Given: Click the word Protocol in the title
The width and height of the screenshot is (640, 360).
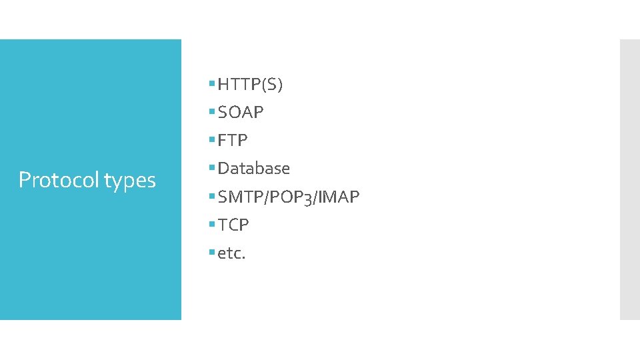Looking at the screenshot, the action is [58, 180].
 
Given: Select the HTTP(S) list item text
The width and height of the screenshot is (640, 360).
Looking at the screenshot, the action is [250, 85].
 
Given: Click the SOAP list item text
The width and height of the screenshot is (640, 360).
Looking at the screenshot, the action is [241, 113].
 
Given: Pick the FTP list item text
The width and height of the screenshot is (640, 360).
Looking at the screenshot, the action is [233, 141].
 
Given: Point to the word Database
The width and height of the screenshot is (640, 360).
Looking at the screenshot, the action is [254, 169].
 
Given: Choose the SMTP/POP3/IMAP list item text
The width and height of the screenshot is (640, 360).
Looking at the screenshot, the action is [289, 197].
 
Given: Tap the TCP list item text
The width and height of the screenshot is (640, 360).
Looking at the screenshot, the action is [233, 225].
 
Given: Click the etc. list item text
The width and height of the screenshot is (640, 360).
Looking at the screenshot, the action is [232, 253].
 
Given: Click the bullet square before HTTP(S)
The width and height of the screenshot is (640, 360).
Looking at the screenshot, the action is [211, 84].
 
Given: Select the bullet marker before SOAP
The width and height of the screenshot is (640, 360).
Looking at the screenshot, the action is [211, 112].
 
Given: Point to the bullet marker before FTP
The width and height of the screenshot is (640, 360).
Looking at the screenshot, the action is [211, 140].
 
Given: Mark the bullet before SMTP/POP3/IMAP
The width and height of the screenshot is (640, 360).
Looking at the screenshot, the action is [211, 197].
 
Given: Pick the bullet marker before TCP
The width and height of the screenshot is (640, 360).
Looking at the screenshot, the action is [211, 225].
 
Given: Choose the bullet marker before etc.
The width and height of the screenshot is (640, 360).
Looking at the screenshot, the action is [211, 253].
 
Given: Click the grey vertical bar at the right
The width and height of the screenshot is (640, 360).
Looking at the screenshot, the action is [629, 179].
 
